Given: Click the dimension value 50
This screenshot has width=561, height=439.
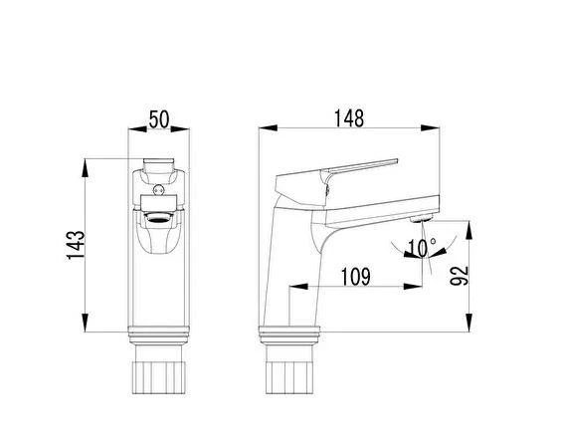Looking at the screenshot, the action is [x=159, y=119].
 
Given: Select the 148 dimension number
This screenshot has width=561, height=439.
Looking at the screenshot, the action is [x=349, y=118].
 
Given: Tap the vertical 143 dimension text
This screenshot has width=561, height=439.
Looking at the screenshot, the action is [x=77, y=245].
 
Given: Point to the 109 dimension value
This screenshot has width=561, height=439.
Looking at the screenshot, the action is [x=355, y=277].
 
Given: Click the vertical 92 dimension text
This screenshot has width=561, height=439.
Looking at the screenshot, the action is [x=459, y=276].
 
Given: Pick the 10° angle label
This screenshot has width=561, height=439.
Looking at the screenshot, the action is [x=422, y=248].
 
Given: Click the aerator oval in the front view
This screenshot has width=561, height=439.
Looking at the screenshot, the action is [x=158, y=217].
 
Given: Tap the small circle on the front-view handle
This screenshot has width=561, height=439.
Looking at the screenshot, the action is [x=158, y=190].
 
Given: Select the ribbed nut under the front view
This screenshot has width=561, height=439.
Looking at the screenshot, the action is [x=158, y=377].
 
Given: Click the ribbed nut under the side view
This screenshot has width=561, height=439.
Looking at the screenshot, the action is [x=289, y=377].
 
